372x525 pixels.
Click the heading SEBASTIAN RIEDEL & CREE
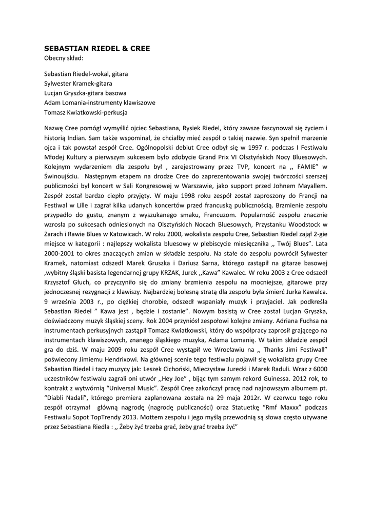[x=97, y=48]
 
